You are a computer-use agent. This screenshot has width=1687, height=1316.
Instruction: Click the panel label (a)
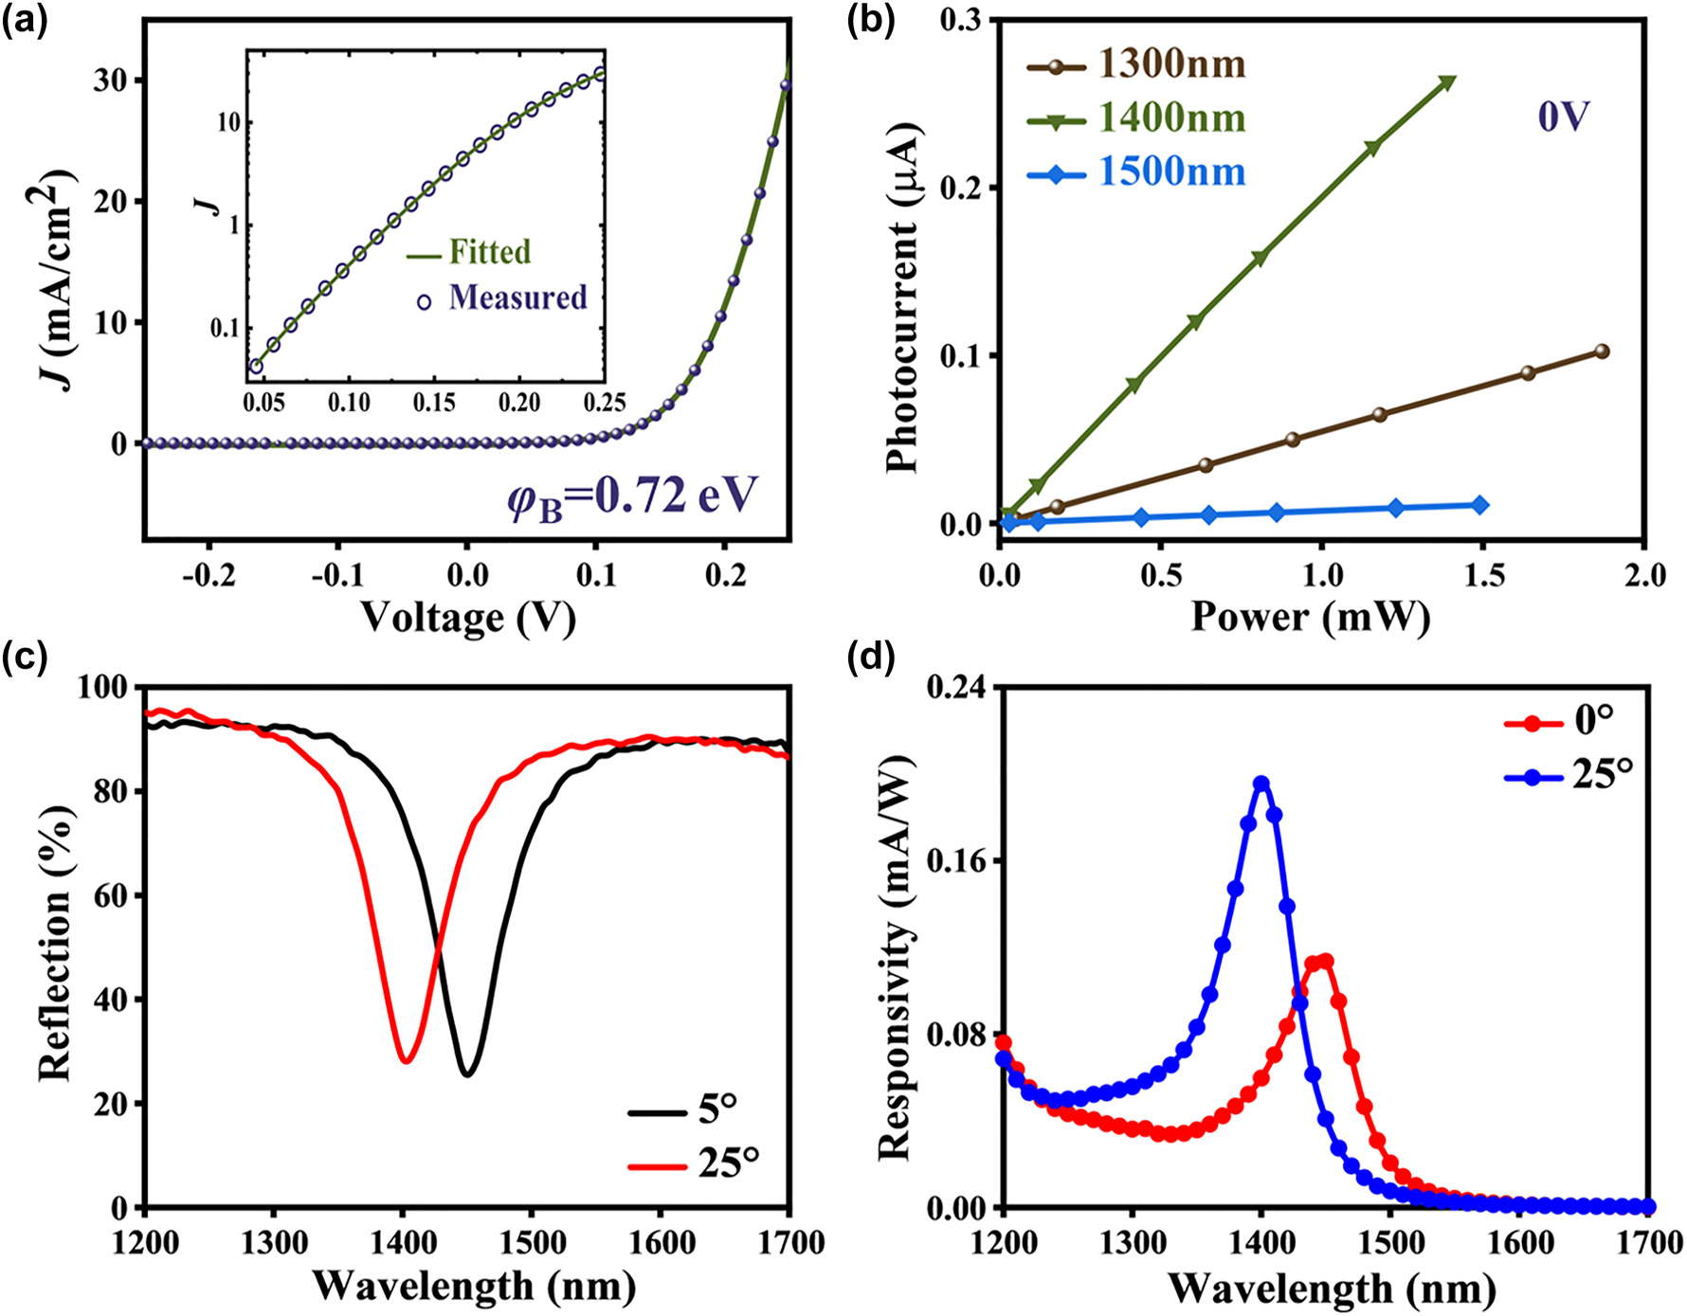coord(25,21)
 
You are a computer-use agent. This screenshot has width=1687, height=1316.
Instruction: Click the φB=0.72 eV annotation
coord(633,496)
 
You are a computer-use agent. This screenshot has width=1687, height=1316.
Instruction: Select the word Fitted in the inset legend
coord(489,252)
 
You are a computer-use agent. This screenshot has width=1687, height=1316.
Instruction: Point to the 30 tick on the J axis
coord(111,81)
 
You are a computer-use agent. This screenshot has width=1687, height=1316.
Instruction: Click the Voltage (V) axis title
coord(467,619)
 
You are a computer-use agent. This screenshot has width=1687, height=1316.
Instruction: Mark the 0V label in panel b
coord(1562,117)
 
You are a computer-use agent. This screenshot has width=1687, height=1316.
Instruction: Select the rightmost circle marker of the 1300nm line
coord(1602,352)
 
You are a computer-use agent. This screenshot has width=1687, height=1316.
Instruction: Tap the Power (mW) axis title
coord(1310,618)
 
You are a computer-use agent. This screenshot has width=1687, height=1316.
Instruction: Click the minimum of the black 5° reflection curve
coord(466,1073)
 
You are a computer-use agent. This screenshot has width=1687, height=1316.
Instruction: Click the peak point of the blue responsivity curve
coord(1261,784)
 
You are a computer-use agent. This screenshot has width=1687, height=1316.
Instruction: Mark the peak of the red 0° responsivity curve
coord(1325,962)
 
